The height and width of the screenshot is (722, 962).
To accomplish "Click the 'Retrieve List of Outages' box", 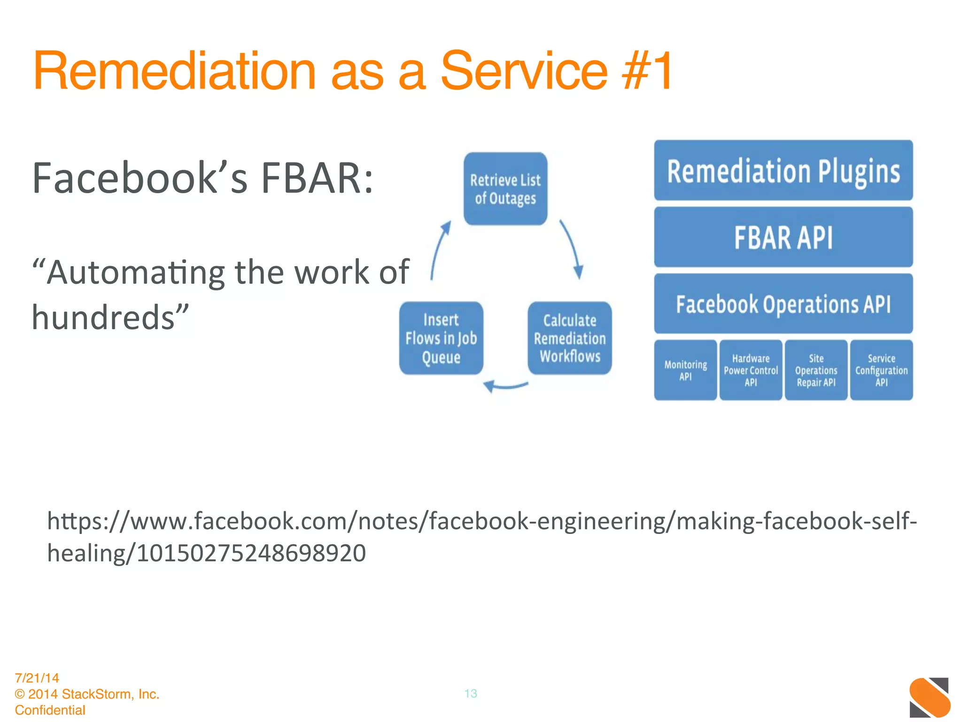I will tap(505, 189).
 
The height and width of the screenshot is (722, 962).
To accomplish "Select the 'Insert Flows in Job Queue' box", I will tap(441, 338).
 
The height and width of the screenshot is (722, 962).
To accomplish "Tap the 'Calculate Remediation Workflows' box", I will tap(570, 338).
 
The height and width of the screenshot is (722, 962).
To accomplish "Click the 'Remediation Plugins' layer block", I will tap(783, 170).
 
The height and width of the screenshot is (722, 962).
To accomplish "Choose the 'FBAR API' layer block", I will tap(783, 237).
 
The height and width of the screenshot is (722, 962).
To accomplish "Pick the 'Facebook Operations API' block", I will tap(783, 304).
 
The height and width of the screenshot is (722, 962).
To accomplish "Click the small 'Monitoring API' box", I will tap(685, 370).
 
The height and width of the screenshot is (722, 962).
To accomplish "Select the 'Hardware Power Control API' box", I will tap(751, 370).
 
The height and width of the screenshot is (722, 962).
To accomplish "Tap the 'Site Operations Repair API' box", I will tap(816, 370).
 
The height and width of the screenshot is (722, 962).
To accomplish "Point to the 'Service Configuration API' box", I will tap(881, 370).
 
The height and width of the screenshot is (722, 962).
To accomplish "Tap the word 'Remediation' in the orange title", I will tap(174, 71).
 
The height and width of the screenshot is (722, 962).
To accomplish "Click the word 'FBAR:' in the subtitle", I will tap(317, 178).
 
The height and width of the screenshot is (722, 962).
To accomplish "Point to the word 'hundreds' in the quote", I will tap(103, 318).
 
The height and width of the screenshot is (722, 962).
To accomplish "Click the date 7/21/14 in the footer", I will tap(37, 678).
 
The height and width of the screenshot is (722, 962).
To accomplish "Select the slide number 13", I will tap(471, 693).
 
